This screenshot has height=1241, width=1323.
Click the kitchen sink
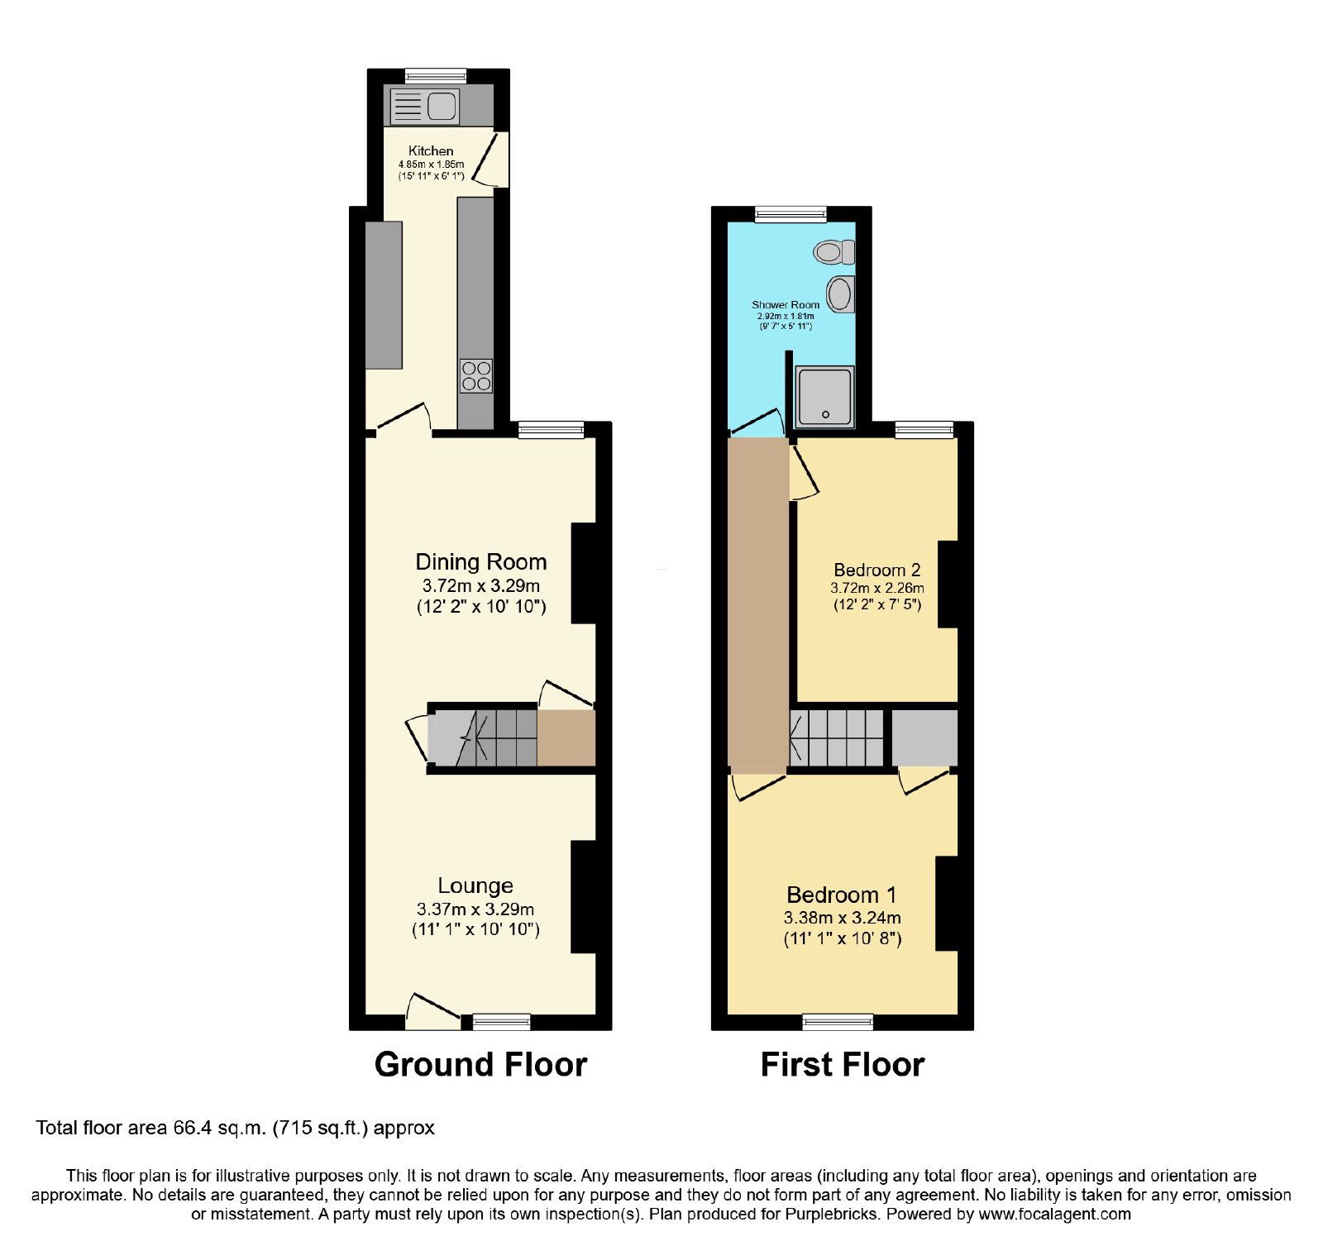pyautogui.click(x=424, y=106)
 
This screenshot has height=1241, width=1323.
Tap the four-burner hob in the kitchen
pyautogui.click(x=476, y=376)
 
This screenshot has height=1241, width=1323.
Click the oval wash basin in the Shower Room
pyautogui.click(x=841, y=294)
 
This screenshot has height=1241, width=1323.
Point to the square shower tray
pyautogui.click(x=824, y=396)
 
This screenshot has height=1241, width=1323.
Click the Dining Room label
pyautogui.click(x=481, y=562)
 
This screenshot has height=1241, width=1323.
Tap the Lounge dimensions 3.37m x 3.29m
pyautogui.click(x=475, y=909)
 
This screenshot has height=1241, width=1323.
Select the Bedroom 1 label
pyautogui.click(x=842, y=895)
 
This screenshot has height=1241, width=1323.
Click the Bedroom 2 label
pyautogui.click(x=877, y=570)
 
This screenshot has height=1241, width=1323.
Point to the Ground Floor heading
pyautogui.click(x=480, y=1064)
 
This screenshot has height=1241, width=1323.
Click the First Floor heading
pyautogui.click(x=843, y=1064)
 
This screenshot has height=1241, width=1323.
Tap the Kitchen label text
pyautogui.click(x=431, y=150)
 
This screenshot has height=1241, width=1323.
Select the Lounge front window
pyautogui.click(x=502, y=1022)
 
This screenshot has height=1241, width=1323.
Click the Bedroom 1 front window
pyautogui.click(x=838, y=1022)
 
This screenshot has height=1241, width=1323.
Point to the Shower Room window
pyautogui.click(x=791, y=214)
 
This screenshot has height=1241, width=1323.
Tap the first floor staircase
pyautogui.click(x=837, y=737)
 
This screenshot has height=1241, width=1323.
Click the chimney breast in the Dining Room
pyautogui.click(x=584, y=573)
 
